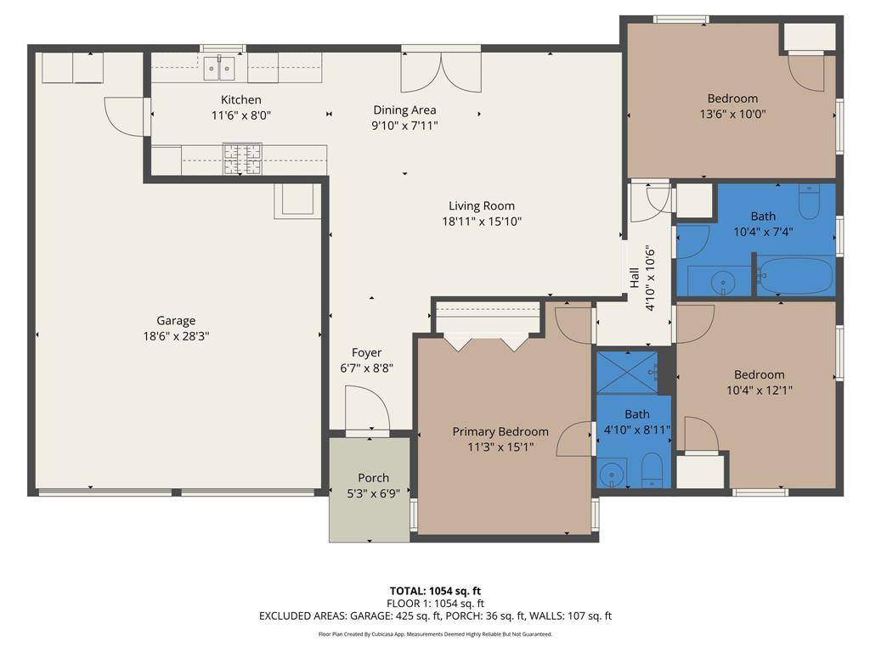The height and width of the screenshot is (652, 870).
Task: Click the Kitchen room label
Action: [x=241, y=99]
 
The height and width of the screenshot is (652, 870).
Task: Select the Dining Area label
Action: [x=404, y=110]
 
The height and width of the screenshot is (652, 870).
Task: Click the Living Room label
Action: [x=482, y=205]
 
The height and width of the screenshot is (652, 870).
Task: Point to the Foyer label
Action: [x=367, y=352]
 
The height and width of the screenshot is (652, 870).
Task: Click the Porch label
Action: [x=373, y=477]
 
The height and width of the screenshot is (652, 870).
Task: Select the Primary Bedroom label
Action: [x=500, y=431]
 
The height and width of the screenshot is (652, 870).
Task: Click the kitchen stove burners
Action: [x=242, y=158]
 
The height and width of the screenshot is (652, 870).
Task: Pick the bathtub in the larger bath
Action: [x=795, y=278]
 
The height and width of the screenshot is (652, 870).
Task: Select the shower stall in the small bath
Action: [x=626, y=372]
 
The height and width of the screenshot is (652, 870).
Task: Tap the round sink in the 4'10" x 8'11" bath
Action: [x=612, y=475]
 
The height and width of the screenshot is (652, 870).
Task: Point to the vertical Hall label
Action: [x=635, y=278]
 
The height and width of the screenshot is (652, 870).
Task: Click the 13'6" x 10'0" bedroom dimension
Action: [x=732, y=115]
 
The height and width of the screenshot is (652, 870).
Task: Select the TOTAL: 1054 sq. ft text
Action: [x=435, y=591]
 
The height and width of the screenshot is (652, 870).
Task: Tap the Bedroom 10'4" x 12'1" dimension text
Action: [x=759, y=391]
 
